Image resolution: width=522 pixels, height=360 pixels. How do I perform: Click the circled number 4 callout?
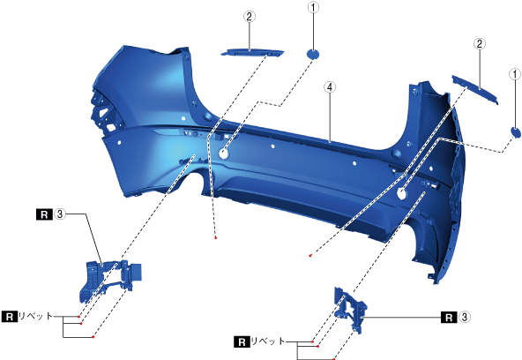click(330, 87)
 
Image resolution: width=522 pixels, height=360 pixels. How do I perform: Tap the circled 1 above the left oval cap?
click(313, 7)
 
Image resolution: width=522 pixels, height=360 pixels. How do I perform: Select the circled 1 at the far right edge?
click(515, 74)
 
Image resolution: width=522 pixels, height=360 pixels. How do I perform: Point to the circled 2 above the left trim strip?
click(250, 17)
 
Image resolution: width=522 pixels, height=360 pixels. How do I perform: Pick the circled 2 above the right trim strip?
click(480, 43)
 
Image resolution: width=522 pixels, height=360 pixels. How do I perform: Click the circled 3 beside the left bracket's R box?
click(60, 214)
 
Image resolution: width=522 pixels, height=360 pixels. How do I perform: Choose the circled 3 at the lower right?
click(465, 317)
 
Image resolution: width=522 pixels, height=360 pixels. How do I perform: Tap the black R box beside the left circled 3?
click(44, 214)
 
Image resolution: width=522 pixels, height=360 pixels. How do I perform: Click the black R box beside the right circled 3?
click(449, 318)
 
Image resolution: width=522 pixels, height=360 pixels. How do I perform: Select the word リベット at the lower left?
click(35, 316)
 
